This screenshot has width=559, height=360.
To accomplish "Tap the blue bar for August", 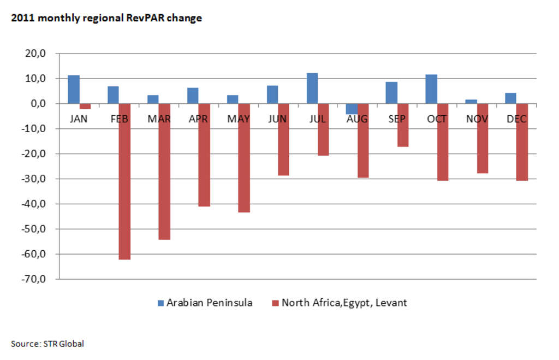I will [352, 109].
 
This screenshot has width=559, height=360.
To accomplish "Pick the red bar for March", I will [164, 172].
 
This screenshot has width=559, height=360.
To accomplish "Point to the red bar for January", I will [85, 107].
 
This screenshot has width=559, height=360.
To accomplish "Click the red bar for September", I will [403, 125].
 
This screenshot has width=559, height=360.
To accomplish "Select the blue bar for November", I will [472, 102].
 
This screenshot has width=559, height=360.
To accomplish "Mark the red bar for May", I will [244, 158].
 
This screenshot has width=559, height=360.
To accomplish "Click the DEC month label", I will [516, 119].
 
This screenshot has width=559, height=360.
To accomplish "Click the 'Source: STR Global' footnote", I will [47, 344].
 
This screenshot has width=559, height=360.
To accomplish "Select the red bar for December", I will [522, 142].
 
